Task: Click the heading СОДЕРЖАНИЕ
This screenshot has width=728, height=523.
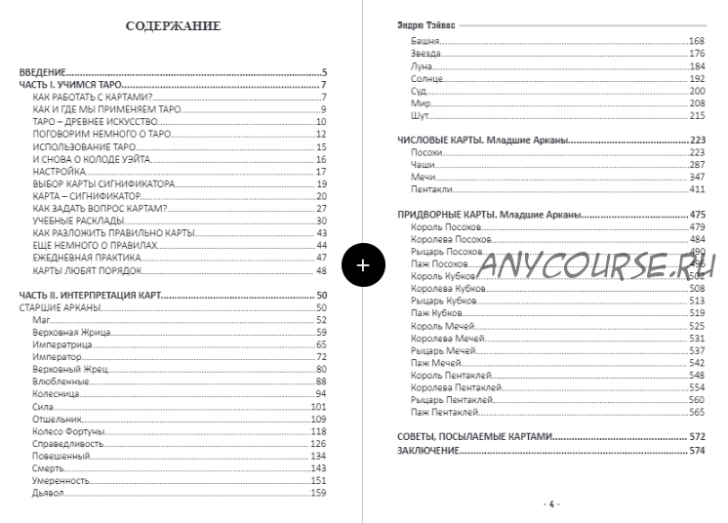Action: tap(174, 25)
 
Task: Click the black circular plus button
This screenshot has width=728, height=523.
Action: tap(363, 263)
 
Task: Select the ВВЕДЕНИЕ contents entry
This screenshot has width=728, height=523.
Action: tap(43, 73)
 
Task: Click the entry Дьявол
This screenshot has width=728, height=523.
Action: tap(46, 493)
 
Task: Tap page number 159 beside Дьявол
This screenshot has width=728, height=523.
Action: tap(318, 493)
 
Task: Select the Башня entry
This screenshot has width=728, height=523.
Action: tap(426, 41)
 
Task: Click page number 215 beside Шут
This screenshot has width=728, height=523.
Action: tap(697, 116)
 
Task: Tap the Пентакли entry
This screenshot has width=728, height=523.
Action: tap(431, 190)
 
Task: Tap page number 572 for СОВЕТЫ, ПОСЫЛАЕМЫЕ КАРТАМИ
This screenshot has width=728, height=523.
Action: tap(697, 436)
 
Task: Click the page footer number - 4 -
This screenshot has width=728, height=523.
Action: tap(550, 503)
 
